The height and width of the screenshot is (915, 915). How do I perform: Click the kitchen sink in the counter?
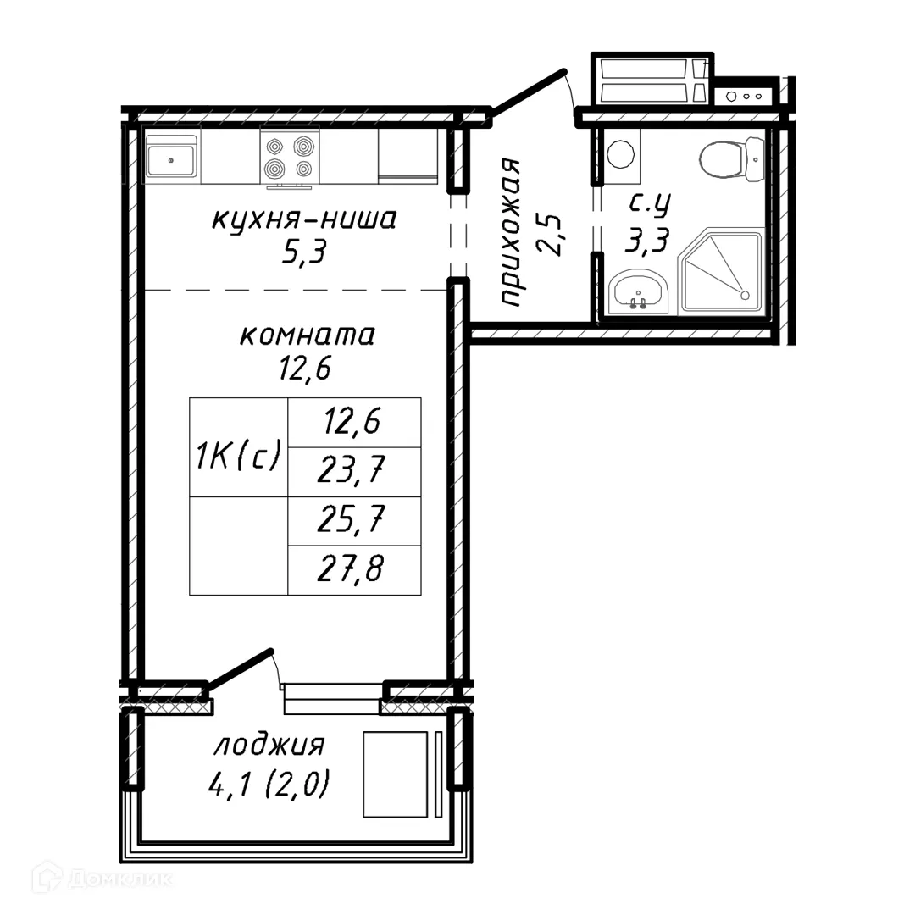click(x=172, y=158)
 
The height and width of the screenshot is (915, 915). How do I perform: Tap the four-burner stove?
click(x=289, y=158)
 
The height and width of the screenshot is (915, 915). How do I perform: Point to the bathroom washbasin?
click(x=638, y=292)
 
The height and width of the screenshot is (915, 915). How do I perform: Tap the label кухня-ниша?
click(x=303, y=220)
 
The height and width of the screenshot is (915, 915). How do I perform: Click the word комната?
click(x=307, y=335)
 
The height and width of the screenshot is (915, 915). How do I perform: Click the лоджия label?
click(x=269, y=746)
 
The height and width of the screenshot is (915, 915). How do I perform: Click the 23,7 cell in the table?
click(x=354, y=471)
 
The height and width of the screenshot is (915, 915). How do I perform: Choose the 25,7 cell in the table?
click(x=354, y=521)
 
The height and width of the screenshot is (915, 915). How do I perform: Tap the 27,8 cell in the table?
click(x=354, y=570)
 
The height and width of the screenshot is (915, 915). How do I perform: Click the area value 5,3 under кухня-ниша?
click(x=304, y=252)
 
